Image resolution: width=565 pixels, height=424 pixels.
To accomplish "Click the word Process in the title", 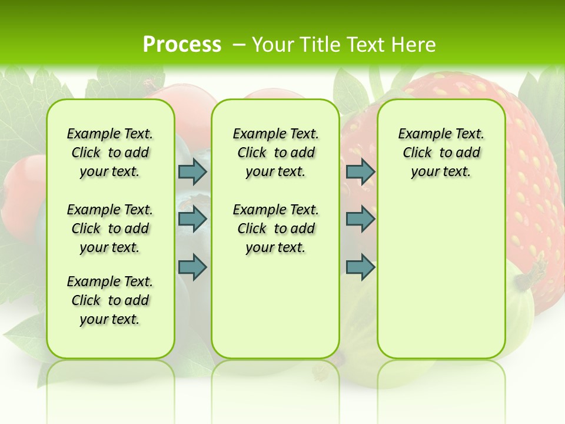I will (182, 45).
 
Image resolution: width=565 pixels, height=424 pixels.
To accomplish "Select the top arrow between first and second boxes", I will (192, 171).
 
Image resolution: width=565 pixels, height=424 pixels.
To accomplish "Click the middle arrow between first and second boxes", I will (192, 219).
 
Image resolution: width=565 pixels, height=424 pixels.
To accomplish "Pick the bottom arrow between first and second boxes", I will (192, 267).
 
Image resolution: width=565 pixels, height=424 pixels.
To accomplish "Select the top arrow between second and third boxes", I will (360, 171).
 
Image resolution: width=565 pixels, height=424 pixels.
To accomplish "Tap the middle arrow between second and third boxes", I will (360, 219).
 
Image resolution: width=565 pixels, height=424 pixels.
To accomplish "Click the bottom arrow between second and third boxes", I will (360, 267).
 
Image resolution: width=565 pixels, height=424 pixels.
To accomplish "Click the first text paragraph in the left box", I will (110, 153).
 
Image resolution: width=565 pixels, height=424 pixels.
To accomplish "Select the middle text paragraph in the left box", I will (110, 228).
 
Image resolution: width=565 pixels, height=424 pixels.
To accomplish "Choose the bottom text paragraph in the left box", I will (110, 300).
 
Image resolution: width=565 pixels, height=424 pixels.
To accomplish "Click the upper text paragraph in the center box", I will (275, 153).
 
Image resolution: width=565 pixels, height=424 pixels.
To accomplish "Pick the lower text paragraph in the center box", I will (275, 228).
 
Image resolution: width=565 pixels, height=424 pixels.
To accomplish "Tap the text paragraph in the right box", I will (441, 153).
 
